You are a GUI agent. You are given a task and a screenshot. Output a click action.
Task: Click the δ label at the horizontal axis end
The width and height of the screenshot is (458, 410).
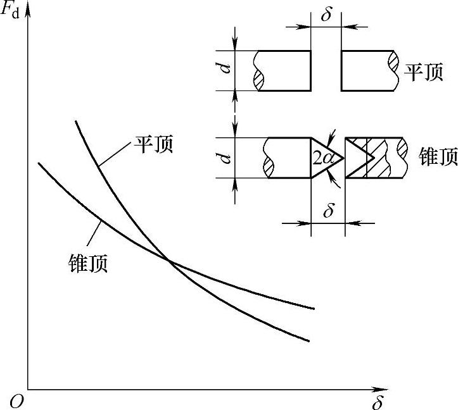coord(378,401)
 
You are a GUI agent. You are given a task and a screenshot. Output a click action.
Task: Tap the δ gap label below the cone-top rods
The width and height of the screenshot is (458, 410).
coord(328,211)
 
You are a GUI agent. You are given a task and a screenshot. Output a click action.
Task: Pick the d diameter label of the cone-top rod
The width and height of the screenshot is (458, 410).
coord(225,158)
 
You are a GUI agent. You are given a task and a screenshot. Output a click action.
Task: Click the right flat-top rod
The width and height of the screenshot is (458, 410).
coord(367,70)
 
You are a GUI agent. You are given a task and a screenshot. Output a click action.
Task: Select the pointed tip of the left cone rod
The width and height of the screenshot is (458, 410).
coord(343,158)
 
